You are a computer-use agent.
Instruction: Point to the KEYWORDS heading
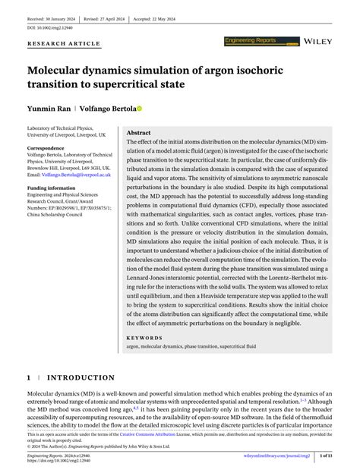click(x=144, y=338)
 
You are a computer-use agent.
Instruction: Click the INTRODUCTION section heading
click(x=82, y=377)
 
